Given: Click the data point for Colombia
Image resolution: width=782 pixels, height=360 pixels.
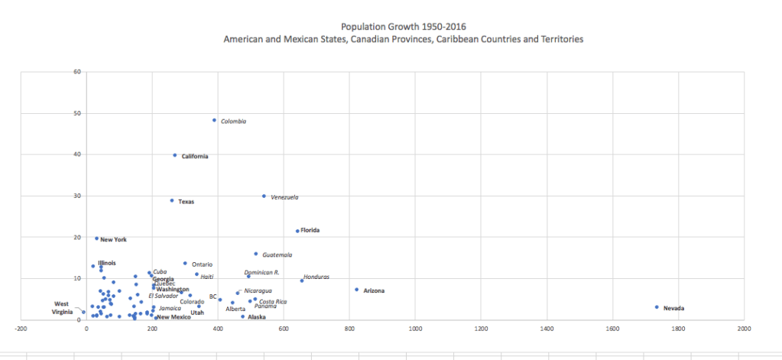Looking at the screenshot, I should [214, 120].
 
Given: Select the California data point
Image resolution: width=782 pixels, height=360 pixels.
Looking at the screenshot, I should [175, 155].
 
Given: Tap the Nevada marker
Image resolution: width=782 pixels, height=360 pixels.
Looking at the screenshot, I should [657, 307].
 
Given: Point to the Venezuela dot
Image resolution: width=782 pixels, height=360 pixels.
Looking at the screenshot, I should [264, 196].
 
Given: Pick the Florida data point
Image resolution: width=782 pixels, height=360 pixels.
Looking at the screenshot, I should [297, 231].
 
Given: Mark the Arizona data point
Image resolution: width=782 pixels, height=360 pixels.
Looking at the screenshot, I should [356, 290].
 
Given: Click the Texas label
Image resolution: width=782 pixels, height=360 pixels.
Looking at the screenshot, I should [186, 202].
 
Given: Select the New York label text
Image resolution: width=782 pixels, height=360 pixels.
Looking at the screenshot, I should [113, 240].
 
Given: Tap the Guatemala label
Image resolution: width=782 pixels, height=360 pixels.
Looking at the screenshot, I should [277, 255].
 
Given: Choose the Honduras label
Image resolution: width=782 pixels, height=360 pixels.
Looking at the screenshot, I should [316, 277].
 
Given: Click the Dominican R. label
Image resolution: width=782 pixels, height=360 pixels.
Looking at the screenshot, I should [261, 273].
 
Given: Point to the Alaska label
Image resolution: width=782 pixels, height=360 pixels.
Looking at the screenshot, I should [257, 317].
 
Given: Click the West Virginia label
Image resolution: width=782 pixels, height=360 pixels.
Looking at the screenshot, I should [63, 307].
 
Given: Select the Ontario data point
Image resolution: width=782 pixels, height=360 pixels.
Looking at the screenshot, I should [185, 264].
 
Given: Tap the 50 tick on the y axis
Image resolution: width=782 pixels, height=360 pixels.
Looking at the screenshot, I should [76, 113].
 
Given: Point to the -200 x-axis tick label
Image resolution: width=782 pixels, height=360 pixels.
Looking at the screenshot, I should [21, 329].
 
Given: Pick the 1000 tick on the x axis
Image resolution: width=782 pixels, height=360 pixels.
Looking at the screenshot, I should [415, 329].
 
